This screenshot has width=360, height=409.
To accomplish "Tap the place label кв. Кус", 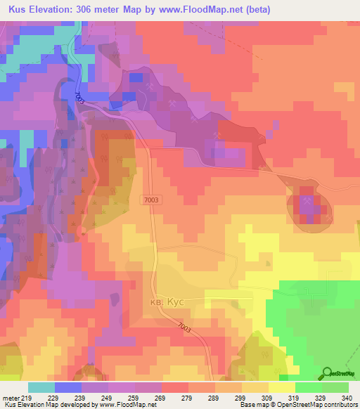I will [x=167, y=301].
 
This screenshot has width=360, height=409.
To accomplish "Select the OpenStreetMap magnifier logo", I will [x=327, y=373].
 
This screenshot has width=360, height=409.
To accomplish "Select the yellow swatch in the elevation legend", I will [x=281, y=387].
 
